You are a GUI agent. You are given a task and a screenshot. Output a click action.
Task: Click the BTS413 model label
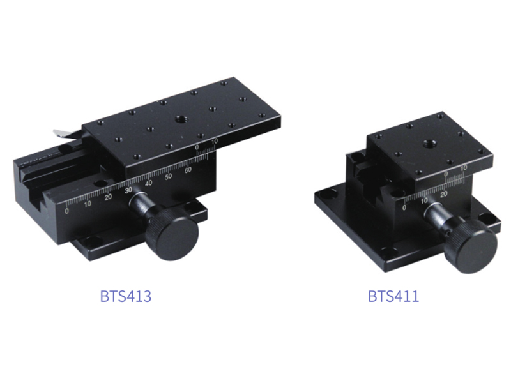coord(126,296)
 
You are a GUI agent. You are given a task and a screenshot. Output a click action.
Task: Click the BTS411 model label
coord(393,296)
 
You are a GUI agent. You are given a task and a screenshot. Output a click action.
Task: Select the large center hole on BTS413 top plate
coord(179,119)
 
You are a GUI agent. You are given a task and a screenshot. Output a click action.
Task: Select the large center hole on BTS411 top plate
coord(428,143)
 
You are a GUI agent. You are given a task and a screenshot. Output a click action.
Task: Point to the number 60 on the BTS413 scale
coord(188,170)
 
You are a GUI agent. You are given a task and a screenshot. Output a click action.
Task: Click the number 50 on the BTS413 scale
coord(168,177)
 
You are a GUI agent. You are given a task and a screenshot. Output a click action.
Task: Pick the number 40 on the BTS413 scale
coord(149,183)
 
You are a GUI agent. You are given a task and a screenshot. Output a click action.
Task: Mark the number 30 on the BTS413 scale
coord(128,190)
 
